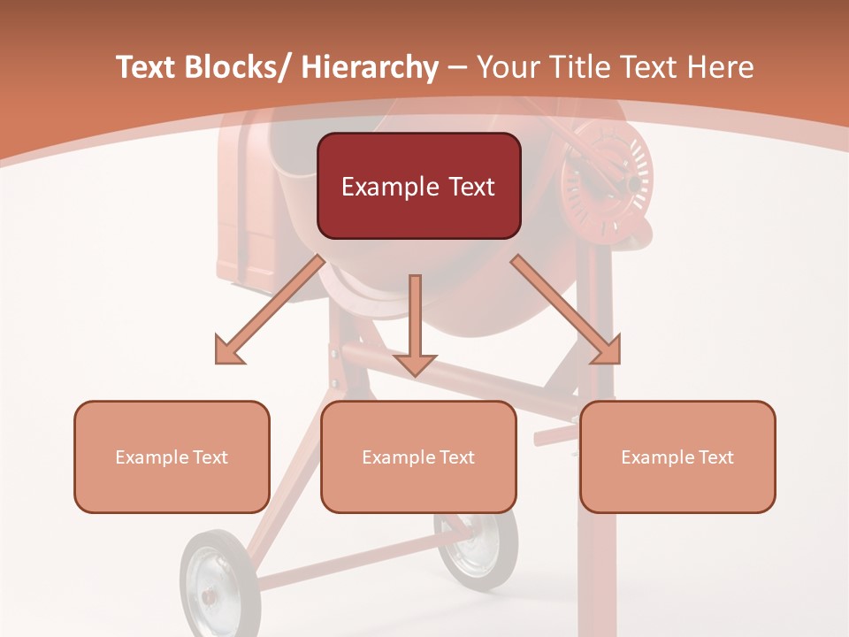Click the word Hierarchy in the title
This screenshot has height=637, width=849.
click(369, 68)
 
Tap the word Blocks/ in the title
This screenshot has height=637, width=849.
click(237, 67)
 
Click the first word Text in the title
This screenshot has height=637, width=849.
click(145, 67)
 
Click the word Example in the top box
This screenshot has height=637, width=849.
click(379, 188)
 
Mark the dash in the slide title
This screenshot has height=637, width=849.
click(457, 68)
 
